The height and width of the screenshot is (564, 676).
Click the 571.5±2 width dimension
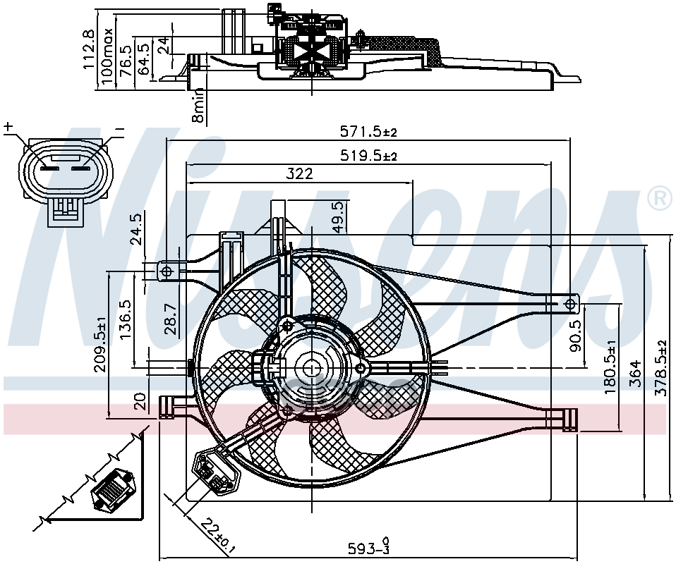[369, 131]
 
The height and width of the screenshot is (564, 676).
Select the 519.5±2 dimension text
[369, 156]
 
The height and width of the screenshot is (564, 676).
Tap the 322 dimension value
[300, 173]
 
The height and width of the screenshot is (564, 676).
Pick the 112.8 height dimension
[88, 49]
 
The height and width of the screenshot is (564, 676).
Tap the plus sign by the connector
[8, 128]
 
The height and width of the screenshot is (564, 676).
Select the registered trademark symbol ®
[659, 200]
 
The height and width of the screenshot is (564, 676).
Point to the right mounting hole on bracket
[570, 303]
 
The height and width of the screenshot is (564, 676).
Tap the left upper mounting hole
[167, 271]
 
